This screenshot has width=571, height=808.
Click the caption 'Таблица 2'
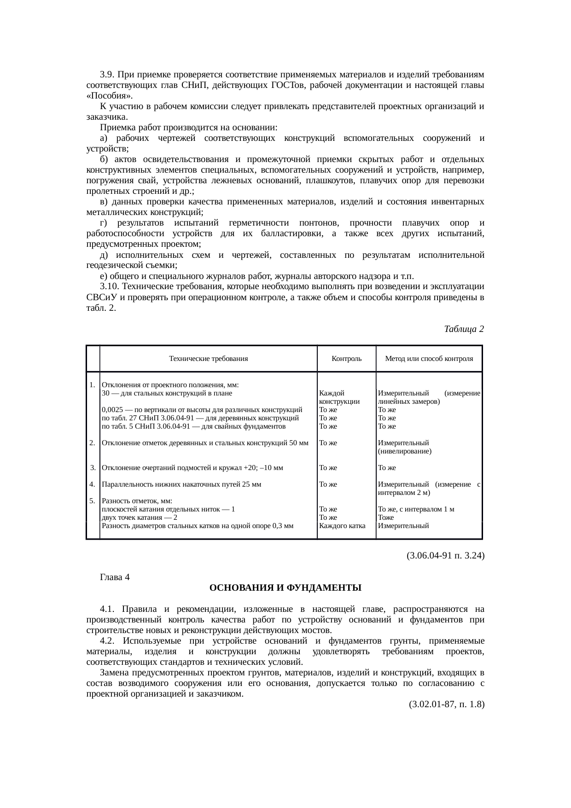point(464,329)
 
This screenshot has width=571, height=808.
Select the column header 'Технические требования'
point(208,359)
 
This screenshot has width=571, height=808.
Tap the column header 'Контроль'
point(346,359)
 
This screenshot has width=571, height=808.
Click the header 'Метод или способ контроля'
point(429,359)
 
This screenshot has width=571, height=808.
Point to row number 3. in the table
point(93,468)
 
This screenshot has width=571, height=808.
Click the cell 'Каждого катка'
point(342,526)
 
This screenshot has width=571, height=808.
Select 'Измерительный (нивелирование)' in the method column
point(404,447)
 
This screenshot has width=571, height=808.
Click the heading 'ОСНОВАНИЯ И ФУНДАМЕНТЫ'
point(285,588)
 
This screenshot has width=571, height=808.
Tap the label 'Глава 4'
point(115,577)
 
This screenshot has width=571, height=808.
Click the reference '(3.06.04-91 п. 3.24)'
point(445,556)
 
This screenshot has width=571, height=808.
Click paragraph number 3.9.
point(107,75)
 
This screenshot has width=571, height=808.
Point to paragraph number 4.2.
point(107,641)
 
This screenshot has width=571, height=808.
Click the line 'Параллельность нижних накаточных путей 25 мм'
point(181,484)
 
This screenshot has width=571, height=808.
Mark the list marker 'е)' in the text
point(104,276)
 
